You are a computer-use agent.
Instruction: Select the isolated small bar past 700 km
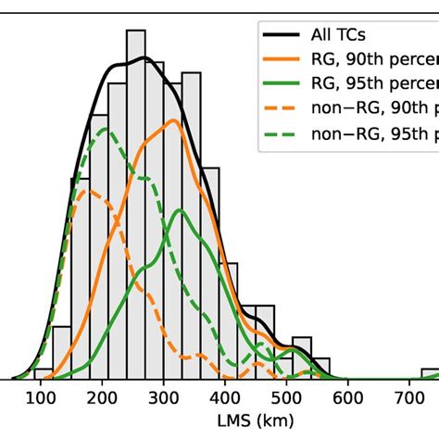click(x=431, y=374)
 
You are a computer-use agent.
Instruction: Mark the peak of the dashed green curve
click(x=105, y=128)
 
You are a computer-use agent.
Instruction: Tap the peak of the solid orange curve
click(x=173, y=120)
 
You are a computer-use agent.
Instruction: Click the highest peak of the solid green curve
click(x=179, y=210)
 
